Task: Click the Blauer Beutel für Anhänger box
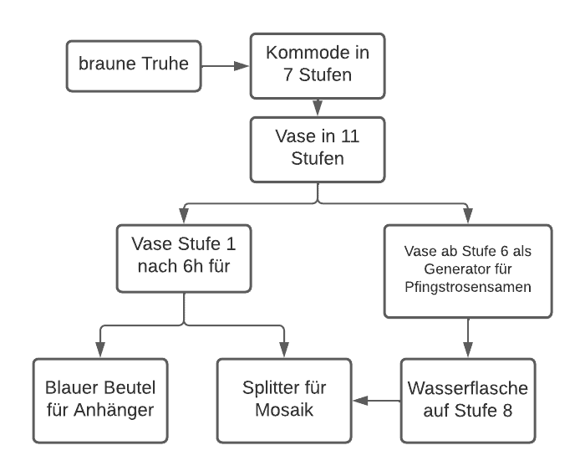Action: pyautogui.click(x=101, y=400)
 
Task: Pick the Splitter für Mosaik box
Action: pyautogui.click(x=284, y=400)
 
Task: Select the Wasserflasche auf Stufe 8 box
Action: pyautogui.click(x=468, y=400)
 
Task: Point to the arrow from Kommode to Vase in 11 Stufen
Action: pyautogui.click(x=318, y=107)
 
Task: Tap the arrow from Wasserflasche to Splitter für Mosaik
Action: pyautogui.click(x=376, y=401)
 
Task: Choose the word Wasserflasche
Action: pyautogui.click(x=468, y=389)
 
